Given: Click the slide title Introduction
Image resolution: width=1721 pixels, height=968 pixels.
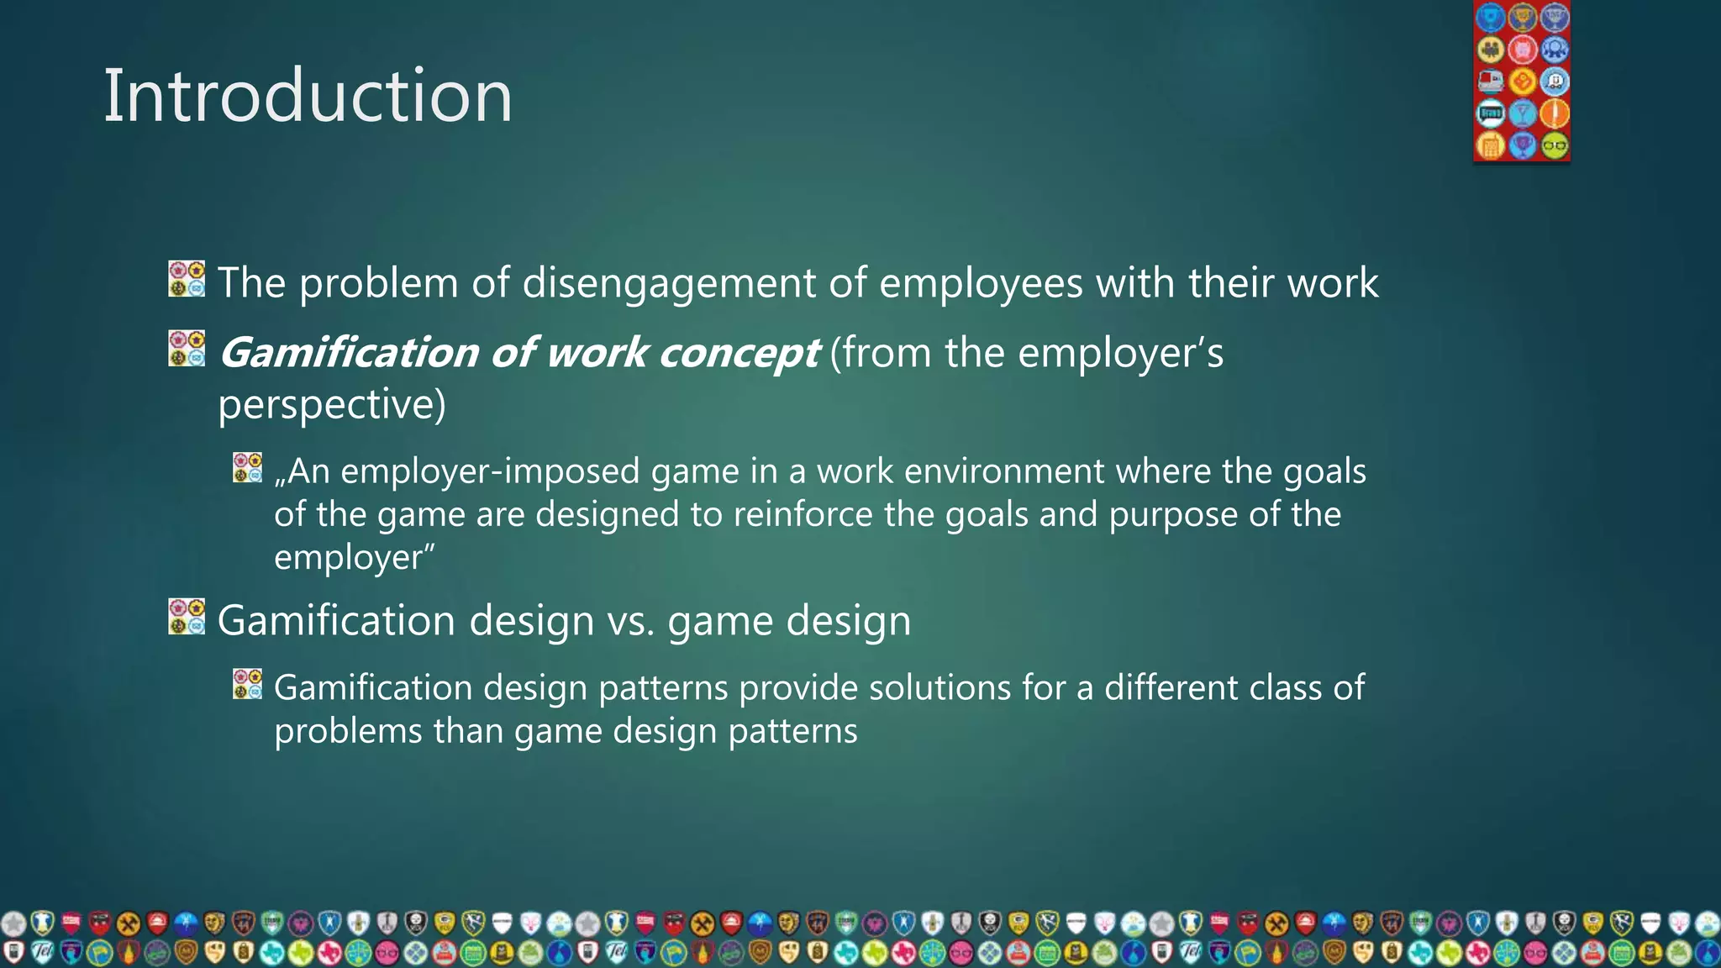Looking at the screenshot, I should coord(308,97).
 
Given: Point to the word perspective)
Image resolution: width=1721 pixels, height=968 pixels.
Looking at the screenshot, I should coord(332,405).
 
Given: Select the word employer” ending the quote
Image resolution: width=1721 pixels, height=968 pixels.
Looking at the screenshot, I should coord(354,558).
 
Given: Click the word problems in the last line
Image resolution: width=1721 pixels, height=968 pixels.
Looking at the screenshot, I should coord(348,731).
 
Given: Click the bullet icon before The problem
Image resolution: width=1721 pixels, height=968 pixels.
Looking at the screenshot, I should coord(187,279).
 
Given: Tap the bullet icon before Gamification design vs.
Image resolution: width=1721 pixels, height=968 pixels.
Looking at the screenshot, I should coord(187,617).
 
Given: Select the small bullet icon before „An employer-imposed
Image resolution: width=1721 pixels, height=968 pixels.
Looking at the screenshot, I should coord(247,468).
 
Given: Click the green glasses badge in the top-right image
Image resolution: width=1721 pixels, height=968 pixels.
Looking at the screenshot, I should coord(1555,145).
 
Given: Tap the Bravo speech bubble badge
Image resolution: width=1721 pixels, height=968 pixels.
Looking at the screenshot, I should coord(1491,113).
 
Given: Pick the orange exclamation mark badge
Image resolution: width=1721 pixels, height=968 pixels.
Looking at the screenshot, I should coord(1555,113).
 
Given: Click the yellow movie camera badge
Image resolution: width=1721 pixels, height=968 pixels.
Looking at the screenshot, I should coord(1491,49).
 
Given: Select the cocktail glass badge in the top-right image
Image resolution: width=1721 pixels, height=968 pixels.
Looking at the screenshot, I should coord(1523,113).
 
